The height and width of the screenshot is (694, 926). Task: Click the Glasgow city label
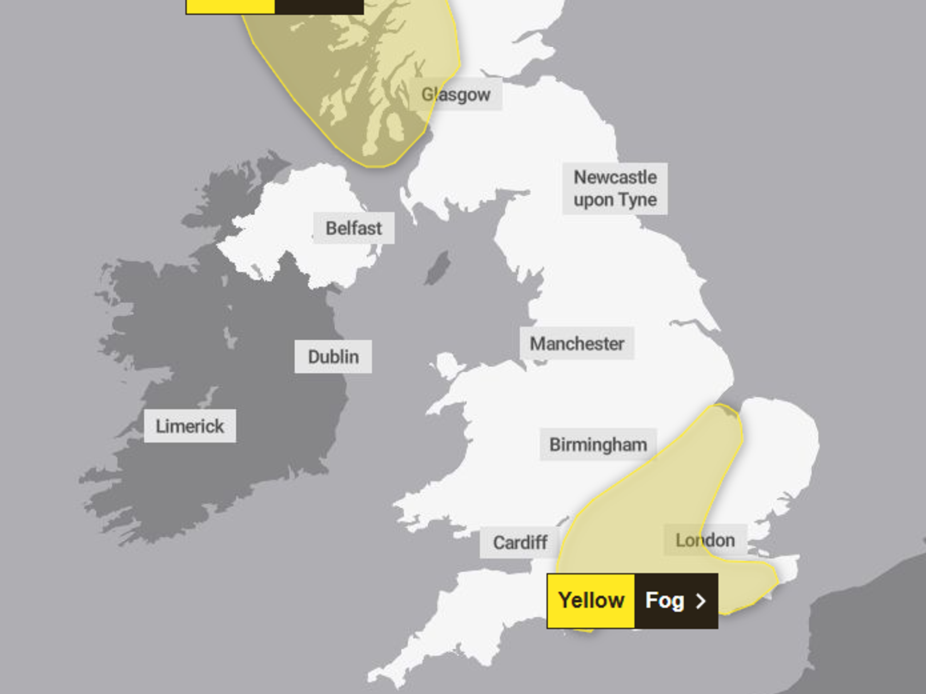click(x=456, y=94)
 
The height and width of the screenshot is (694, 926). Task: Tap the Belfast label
click(x=354, y=228)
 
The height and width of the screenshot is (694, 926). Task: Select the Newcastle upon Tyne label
click(x=615, y=188)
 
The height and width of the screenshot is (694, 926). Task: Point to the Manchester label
click(x=577, y=344)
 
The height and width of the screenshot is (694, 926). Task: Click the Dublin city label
click(x=333, y=356)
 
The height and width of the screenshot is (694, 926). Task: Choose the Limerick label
click(x=190, y=426)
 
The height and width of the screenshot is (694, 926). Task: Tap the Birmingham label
click(x=598, y=444)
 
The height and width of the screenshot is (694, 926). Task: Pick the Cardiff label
click(x=520, y=542)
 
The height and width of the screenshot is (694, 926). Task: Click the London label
click(x=705, y=540)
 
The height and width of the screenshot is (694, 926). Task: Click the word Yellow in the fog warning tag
click(x=591, y=600)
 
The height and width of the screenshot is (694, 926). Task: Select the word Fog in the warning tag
click(x=664, y=600)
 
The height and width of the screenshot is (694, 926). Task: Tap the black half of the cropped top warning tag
click(x=319, y=6)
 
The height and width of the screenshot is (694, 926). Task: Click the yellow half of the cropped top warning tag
click(x=230, y=6)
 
